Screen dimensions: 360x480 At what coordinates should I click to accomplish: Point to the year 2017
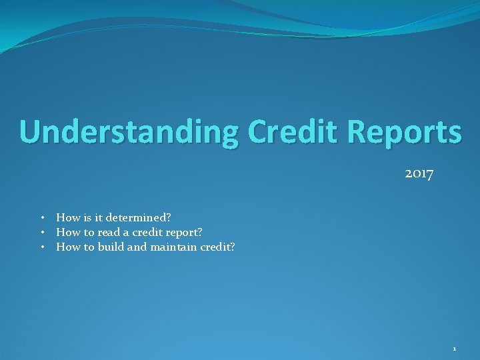coord(419,174)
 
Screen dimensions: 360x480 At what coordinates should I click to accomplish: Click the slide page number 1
coord(454,349)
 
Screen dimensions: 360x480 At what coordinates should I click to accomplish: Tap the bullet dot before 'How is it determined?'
coord(42,217)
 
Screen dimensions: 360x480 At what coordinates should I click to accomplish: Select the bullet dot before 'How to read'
coord(42,232)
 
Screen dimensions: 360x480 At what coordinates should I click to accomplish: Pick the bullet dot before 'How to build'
coord(42,247)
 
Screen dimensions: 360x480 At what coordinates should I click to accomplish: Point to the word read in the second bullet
coord(109,232)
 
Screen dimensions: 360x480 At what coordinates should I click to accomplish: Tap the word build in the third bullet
coord(111,247)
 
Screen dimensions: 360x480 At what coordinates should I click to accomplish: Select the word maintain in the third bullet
coord(173,247)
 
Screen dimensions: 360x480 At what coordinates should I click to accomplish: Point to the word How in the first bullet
coord(67,217)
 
